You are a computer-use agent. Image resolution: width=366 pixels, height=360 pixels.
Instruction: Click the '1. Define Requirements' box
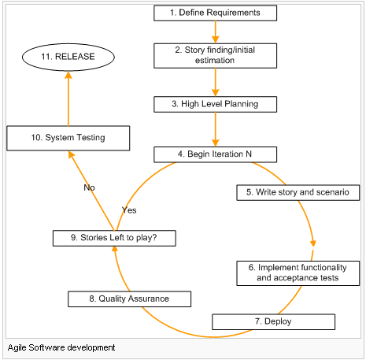point(215,13)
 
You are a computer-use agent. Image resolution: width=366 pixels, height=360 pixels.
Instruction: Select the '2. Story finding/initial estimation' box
point(215,55)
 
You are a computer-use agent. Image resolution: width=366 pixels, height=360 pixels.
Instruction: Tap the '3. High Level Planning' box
point(215,104)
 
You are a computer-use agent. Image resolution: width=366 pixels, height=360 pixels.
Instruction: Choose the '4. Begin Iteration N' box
point(215,154)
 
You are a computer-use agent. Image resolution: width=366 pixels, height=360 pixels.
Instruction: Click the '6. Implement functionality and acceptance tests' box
point(297,272)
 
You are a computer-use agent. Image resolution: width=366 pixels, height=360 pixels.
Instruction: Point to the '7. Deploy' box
point(272,322)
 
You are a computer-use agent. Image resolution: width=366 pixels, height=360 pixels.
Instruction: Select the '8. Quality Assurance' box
point(129,299)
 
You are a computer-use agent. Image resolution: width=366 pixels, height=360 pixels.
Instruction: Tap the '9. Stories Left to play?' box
point(115,237)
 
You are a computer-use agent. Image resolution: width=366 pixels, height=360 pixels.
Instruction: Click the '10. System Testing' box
point(68,139)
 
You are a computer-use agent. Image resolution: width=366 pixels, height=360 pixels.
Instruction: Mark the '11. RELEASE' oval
point(67,58)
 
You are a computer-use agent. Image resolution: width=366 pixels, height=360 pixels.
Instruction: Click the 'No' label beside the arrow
point(89,188)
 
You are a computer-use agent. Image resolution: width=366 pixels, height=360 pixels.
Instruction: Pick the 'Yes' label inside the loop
point(130,210)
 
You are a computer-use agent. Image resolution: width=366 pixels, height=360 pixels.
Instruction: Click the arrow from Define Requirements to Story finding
point(215,32)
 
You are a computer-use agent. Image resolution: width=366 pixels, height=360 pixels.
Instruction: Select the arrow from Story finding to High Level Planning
point(215,82)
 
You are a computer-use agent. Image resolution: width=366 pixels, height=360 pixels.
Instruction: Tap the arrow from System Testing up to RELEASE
point(68,98)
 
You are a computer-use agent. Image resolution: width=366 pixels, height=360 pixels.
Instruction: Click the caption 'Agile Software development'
point(61,347)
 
